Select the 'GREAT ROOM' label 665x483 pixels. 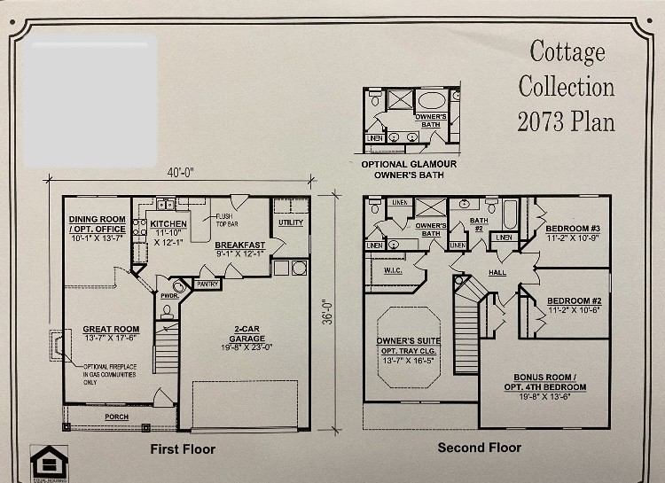coord(111,329)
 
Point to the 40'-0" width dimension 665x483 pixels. coord(179,172)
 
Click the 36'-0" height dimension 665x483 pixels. coord(329,312)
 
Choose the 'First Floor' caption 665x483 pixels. coord(183,448)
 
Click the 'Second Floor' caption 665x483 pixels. coord(479,448)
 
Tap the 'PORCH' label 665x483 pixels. coord(116,417)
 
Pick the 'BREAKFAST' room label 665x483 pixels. coord(239,245)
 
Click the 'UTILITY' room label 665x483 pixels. coord(290,222)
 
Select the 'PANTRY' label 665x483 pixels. coord(207,284)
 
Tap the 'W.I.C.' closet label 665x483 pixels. coord(393,270)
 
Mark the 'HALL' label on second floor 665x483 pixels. coord(497,272)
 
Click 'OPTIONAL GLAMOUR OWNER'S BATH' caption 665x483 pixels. coord(409,169)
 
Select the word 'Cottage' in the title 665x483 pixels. coord(567,51)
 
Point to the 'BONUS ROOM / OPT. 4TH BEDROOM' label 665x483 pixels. coord(550,382)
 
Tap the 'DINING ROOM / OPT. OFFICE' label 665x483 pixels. coord(98,223)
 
